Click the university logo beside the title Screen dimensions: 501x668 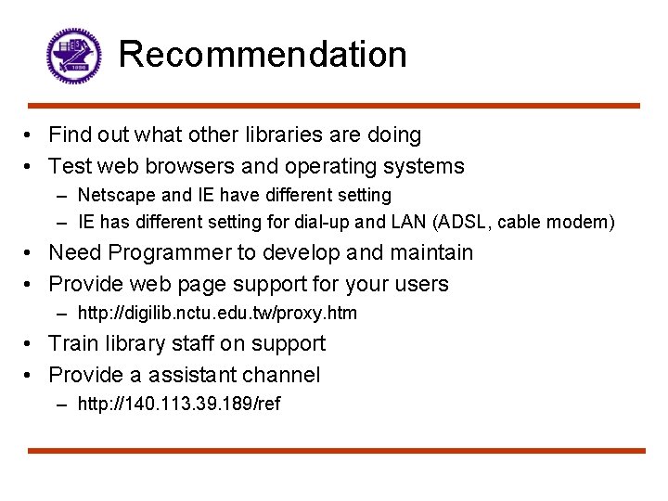point(73,56)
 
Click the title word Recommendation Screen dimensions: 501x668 point(263,54)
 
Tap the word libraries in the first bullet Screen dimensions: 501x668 point(270,135)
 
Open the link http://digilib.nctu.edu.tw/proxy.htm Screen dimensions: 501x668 point(217,313)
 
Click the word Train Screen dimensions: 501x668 point(73,343)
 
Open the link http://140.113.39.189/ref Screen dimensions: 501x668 point(179,404)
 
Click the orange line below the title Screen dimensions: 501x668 point(334,106)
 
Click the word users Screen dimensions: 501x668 point(419,284)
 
